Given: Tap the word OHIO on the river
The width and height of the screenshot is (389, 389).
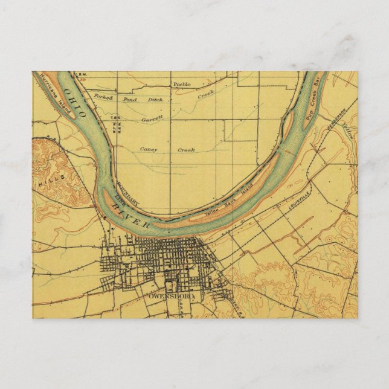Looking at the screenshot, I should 76,103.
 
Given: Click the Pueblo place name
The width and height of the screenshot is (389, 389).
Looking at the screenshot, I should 181,84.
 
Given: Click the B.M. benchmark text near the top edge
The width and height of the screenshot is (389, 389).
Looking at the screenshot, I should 83,75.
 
